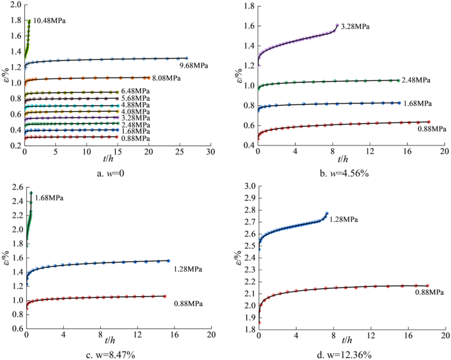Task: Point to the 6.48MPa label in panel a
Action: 137,91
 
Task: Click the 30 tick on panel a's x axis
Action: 210,152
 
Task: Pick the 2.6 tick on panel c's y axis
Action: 14,187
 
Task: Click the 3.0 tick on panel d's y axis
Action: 248,187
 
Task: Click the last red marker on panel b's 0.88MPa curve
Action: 429,122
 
